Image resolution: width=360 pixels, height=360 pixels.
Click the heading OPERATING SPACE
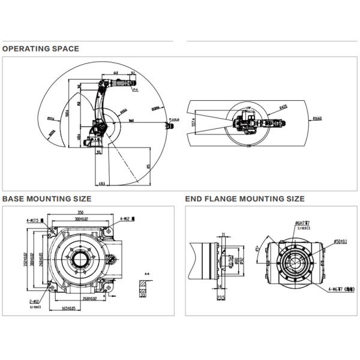pos(40,49)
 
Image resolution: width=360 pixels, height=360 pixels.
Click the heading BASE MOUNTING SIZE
pos(47,198)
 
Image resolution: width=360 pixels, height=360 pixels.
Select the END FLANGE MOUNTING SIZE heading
pos(245,198)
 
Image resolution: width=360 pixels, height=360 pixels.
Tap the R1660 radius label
pos(317,119)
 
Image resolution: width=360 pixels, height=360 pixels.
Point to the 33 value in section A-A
pos(143,295)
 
